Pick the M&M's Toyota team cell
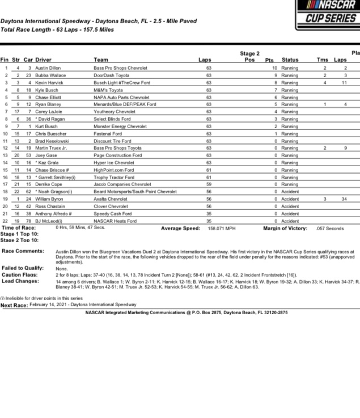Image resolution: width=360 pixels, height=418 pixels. click(108, 90)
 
